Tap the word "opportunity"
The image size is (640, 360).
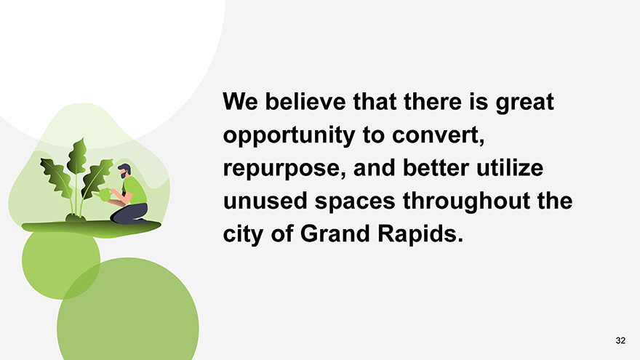(x=289, y=135)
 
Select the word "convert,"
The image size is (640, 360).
(x=439, y=135)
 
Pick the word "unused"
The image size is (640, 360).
(x=265, y=201)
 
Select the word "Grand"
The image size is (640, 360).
(x=335, y=234)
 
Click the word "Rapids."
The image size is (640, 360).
(x=420, y=234)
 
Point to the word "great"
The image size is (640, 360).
(x=525, y=102)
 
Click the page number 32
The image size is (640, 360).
(x=620, y=340)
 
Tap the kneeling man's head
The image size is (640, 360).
(x=124, y=171)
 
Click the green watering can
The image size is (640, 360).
(x=103, y=194)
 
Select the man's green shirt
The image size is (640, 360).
(x=135, y=191)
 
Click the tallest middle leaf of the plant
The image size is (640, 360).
(x=77, y=156)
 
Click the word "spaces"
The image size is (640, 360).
(x=355, y=201)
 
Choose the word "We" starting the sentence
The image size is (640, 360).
(x=241, y=101)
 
